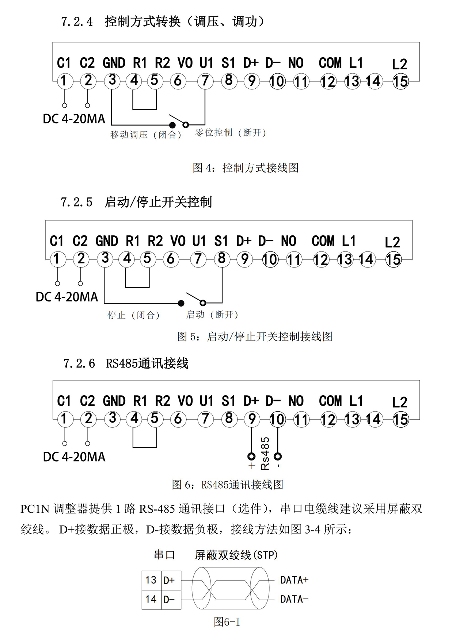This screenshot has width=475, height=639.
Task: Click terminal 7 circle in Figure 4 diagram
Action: (x=205, y=81)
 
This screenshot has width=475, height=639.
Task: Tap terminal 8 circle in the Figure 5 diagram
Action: (x=221, y=259)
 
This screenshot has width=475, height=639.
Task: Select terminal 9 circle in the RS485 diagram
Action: (x=251, y=419)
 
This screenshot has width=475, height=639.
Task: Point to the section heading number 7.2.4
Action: (x=77, y=22)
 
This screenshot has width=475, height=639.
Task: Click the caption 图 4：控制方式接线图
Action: (x=246, y=168)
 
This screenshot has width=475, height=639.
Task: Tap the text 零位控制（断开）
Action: (x=231, y=133)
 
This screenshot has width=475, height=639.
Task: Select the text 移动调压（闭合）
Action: (x=146, y=135)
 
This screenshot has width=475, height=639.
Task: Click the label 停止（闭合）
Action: (x=133, y=315)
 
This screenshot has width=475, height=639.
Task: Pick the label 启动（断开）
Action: (x=212, y=315)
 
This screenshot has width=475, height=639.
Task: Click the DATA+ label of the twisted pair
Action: (x=294, y=580)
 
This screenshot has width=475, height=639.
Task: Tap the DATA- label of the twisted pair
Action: (x=294, y=599)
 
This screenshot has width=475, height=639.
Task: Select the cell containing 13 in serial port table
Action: (x=151, y=580)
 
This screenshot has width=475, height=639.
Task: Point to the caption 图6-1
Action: (x=227, y=622)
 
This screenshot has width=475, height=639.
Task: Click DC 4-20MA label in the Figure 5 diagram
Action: (x=67, y=297)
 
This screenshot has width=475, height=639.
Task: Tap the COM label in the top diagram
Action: (x=330, y=63)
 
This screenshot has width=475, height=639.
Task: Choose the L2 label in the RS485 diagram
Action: (x=399, y=403)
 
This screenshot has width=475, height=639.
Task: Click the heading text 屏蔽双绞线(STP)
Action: (x=236, y=555)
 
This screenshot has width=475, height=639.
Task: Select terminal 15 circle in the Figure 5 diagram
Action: (x=393, y=260)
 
